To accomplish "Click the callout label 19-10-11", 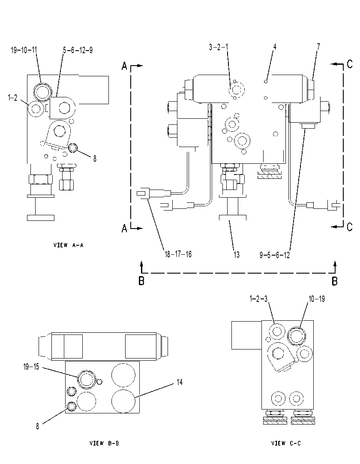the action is pyautogui.click(x=24, y=50).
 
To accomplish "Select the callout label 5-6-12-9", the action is pyautogui.click(x=78, y=50).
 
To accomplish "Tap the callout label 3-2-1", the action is pyautogui.click(x=219, y=47).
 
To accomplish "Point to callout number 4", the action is pyautogui.click(x=275, y=47).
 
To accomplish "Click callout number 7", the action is pyautogui.click(x=318, y=47).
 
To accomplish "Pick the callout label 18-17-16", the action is pyautogui.click(x=178, y=254).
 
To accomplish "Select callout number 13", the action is pyautogui.click(x=236, y=255).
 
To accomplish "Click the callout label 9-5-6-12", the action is pyautogui.click(x=275, y=255).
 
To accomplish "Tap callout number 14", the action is pyautogui.click(x=180, y=383).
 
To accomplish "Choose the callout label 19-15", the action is pyautogui.click(x=31, y=367).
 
